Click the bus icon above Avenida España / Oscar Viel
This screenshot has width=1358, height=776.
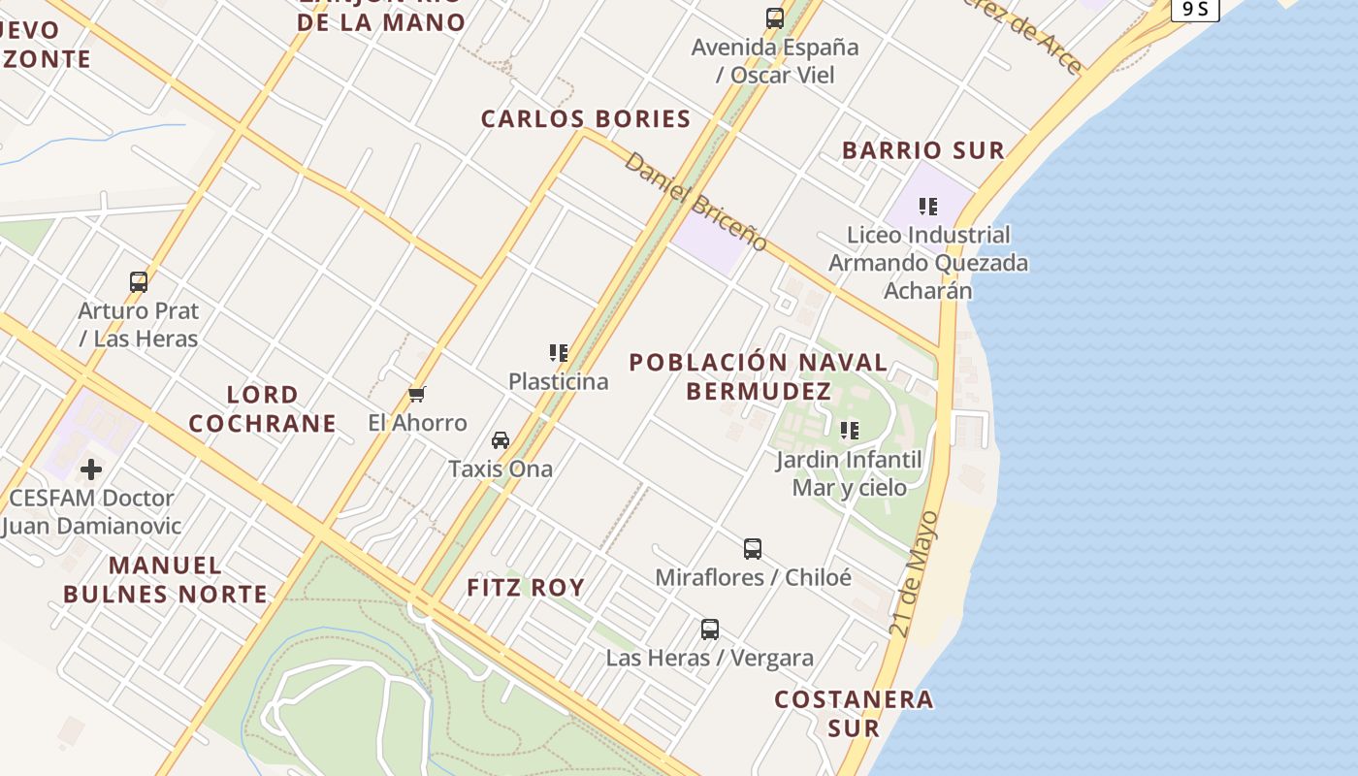774,17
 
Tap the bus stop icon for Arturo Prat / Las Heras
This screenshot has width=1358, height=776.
139,282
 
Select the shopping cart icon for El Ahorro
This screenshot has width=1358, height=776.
417,394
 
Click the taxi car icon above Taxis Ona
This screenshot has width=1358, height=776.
501,440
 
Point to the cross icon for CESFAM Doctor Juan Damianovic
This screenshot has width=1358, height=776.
91,470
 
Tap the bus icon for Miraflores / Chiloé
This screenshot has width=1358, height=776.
753,549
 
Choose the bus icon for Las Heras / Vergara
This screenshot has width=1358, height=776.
710,630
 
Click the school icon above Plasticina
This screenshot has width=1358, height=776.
558,353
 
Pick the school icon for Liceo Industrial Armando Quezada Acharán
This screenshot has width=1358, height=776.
928,207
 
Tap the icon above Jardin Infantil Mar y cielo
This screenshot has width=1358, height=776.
850,431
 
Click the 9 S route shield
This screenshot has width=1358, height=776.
1194,9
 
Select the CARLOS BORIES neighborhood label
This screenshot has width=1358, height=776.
586,119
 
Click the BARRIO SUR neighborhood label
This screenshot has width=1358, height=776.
923,150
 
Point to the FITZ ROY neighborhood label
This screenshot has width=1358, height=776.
526,588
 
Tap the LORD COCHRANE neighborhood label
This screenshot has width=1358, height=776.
262,409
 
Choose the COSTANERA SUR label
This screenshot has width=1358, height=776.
854,713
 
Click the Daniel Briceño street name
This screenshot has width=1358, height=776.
695,202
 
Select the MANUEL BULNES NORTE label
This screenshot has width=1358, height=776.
165,580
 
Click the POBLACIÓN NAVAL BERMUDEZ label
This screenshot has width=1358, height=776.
758,376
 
